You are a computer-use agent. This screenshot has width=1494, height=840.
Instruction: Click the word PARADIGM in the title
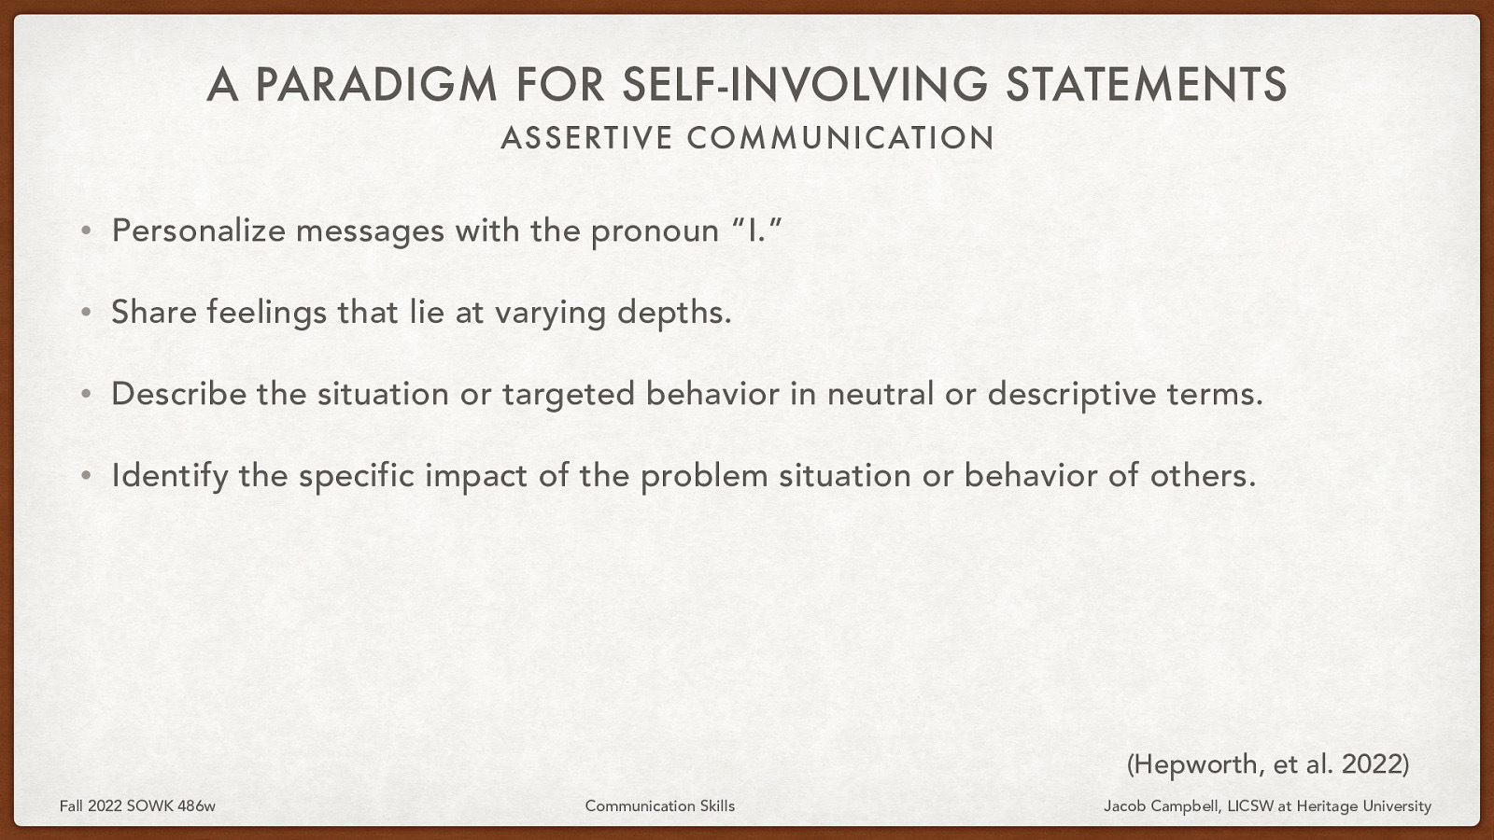tap(376, 84)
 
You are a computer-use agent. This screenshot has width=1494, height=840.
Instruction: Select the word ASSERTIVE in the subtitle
tap(586, 138)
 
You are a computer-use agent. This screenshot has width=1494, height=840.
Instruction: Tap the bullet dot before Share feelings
tap(86, 313)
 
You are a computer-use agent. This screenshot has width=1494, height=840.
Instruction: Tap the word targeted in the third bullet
tap(569, 394)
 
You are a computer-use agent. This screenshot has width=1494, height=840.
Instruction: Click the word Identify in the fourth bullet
tap(169, 476)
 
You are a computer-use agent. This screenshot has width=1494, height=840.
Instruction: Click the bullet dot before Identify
tap(86, 476)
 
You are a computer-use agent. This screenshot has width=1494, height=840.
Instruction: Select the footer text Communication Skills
tap(659, 805)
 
